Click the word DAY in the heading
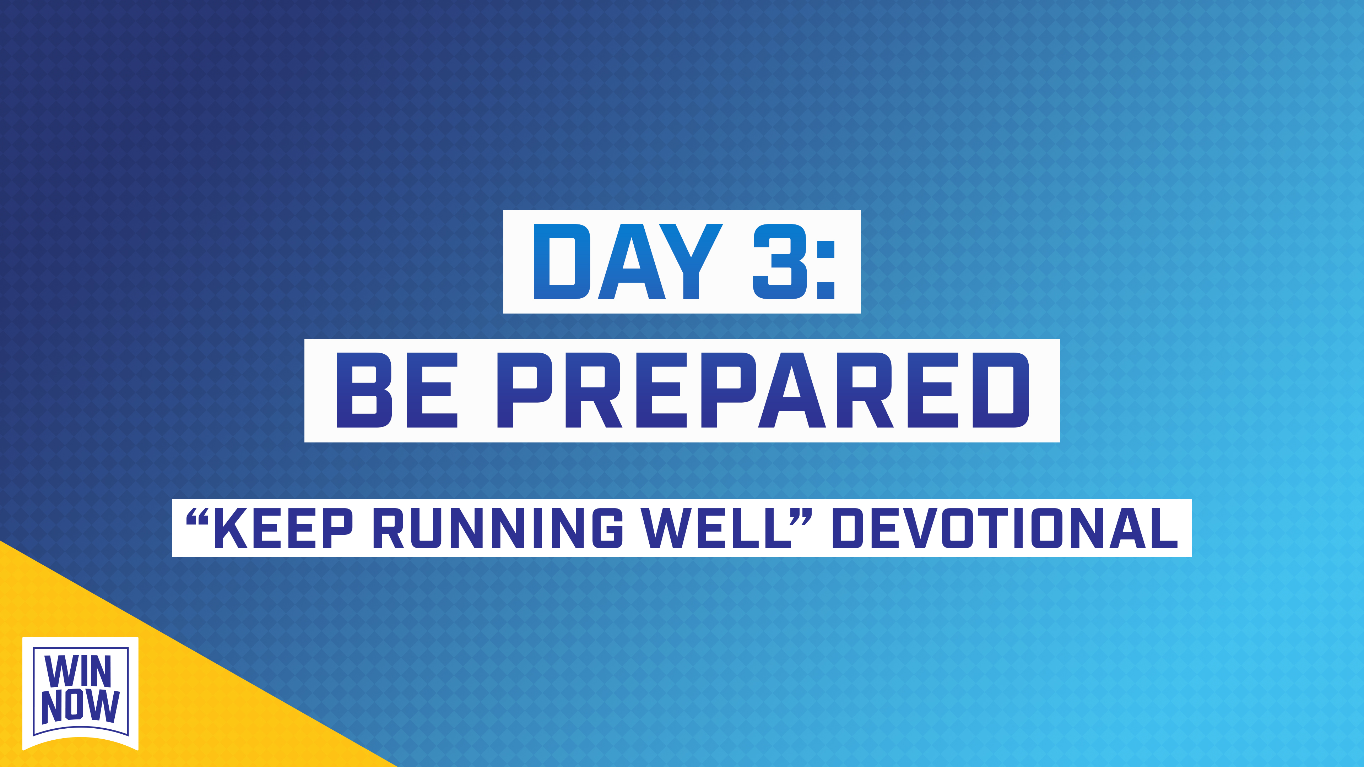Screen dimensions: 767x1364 (x=627, y=261)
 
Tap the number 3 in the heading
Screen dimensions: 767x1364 (x=780, y=261)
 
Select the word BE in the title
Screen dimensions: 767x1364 (x=397, y=390)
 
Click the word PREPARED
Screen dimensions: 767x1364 (x=763, y=390)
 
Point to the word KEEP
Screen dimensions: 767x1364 (x=283, y=528)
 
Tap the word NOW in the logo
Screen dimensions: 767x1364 (x=81, y=706)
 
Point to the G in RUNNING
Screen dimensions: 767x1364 (x=607, y=528)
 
